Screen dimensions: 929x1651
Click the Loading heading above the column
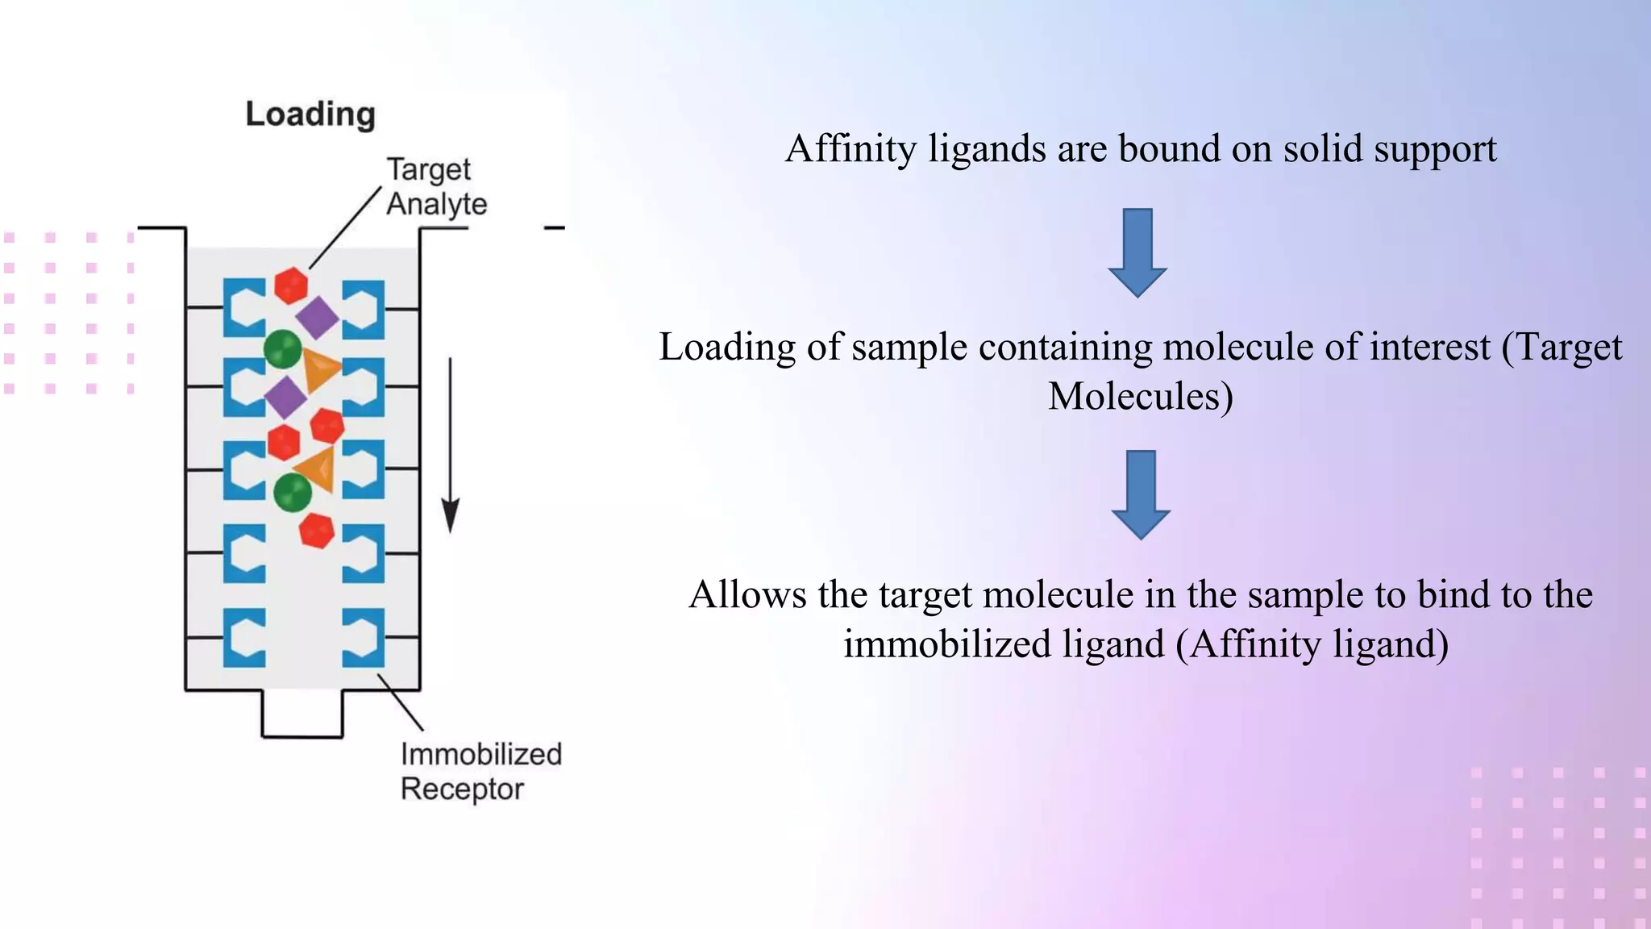tap(310, 115)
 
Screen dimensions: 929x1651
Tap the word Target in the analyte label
tap(428, 170)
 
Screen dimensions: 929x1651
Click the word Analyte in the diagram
tap(436, 204)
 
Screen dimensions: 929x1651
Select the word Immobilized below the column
tap(481, 755)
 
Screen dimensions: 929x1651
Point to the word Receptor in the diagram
tap(462, 789)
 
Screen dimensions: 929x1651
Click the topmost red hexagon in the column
tap(291, 285)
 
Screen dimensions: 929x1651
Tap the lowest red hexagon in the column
tap(316, 531)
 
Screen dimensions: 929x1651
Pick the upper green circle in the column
tap(283, 349)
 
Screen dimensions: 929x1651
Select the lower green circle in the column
tap(292, 492)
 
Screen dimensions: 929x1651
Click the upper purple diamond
tap(318, 317)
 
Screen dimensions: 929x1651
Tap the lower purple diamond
tap(286, 397)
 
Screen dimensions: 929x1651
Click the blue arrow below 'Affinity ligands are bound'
tap(1137, 252)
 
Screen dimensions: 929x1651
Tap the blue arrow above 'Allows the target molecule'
tap(1140, 494)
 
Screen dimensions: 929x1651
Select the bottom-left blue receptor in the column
tap(244, 637)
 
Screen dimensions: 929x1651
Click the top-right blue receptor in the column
tap(364, 309)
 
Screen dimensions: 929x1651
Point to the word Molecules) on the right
tap(1140, 397)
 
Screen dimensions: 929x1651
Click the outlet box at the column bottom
tap(302, 714)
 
